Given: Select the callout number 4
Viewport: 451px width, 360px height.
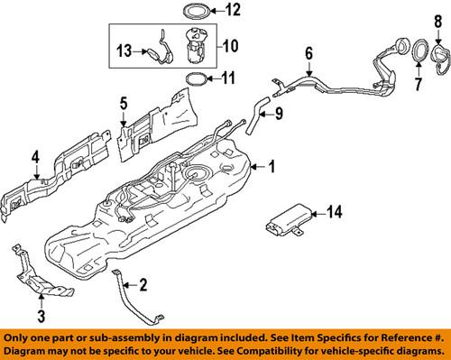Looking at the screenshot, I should pos(35,161).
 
